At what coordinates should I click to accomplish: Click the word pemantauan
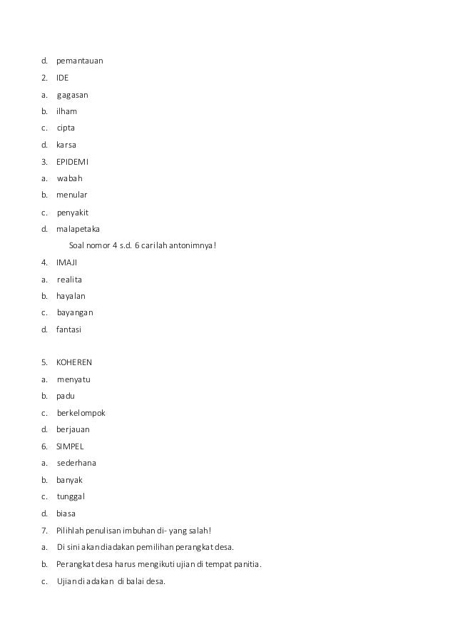[x=80, y=61]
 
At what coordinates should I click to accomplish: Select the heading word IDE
[x=63, y=78]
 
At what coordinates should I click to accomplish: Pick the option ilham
[x=67, y=112]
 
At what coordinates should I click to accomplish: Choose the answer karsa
[x=67, y=145]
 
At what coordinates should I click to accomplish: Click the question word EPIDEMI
[x=73, y=162]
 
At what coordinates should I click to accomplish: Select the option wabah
[x=70, y=179]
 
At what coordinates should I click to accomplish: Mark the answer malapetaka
[x=78, y=230]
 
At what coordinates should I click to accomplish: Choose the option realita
[x=70, y=280]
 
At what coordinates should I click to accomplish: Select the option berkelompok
[x=81, y=413]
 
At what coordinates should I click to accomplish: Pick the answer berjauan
[x=73, y=429]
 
